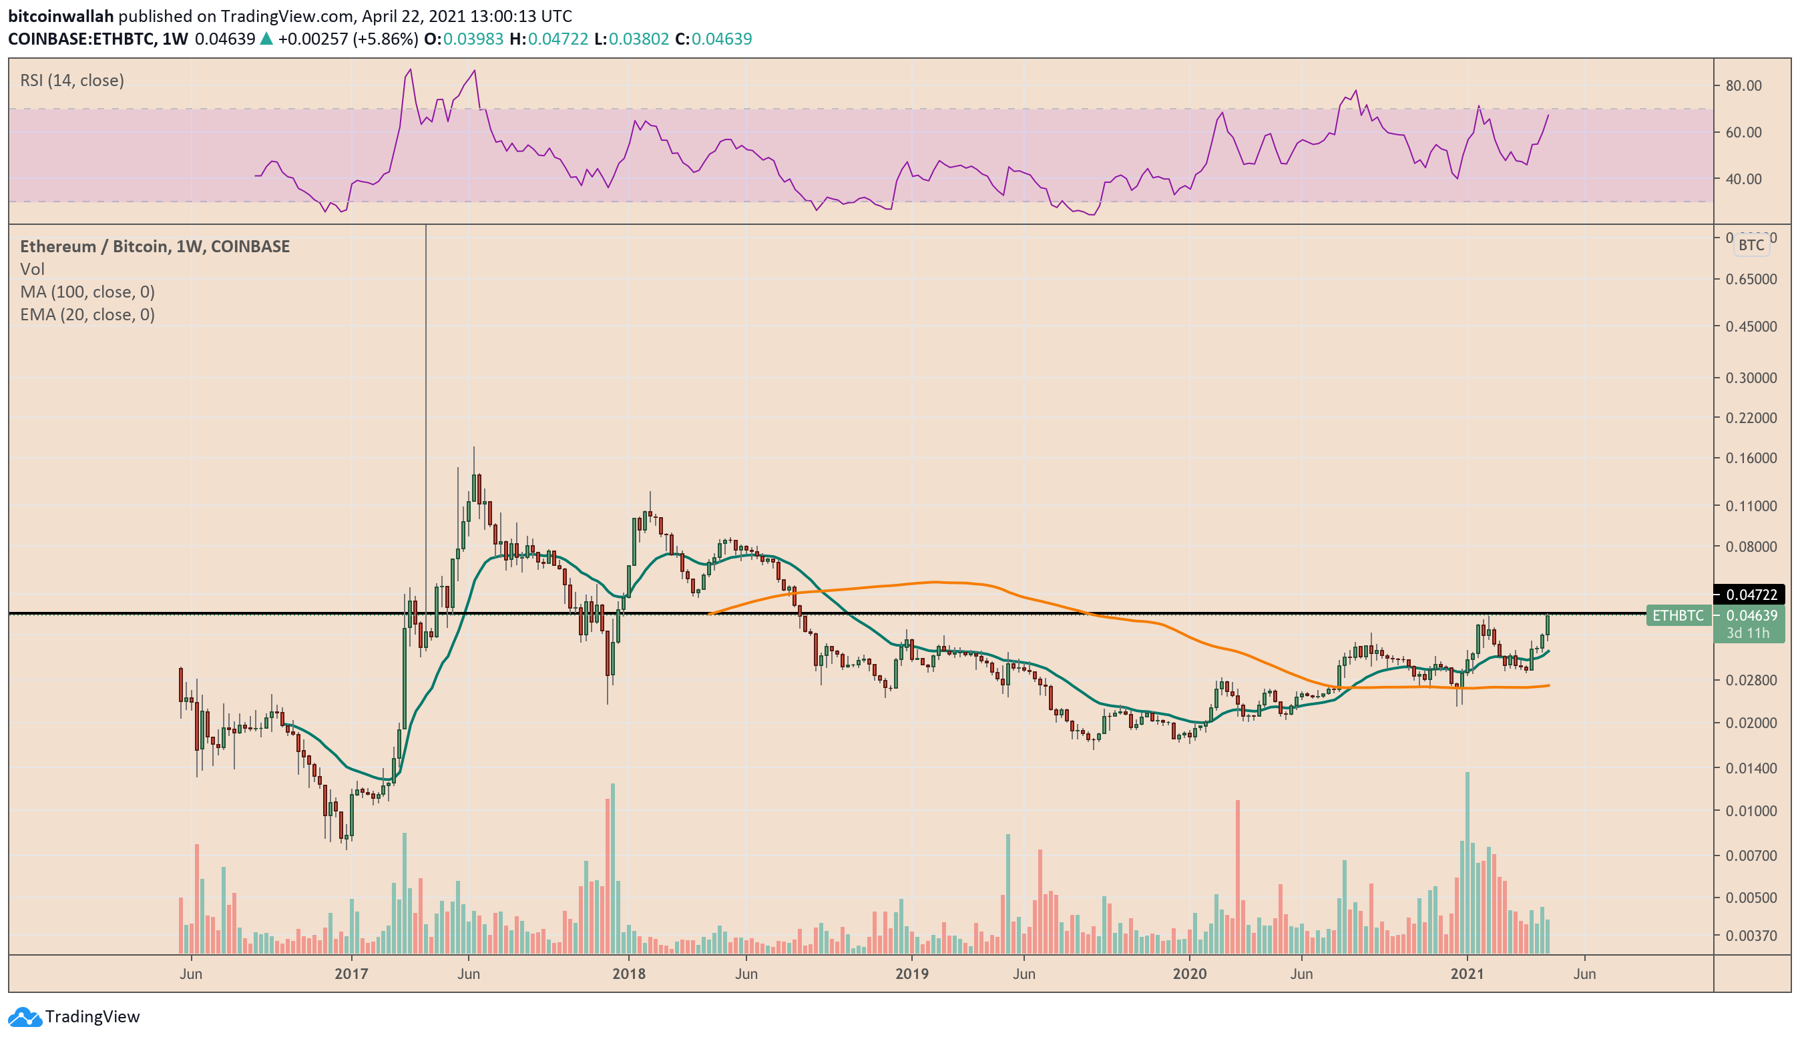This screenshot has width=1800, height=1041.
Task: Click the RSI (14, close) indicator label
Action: tap(72, 81)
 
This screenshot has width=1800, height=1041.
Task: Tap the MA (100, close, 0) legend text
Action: tap(87, 292)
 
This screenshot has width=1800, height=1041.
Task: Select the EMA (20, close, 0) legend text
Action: tap(87, 315)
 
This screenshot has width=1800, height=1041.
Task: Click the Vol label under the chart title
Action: tap(32, 269)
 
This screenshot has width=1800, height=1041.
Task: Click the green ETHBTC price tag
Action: tap(1678, 615)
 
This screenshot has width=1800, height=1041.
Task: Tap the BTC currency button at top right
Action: tap(1751, 246)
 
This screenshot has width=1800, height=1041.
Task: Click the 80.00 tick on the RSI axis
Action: tap(1743, 85)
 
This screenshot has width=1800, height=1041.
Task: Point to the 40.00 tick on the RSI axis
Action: tap(1743, 180)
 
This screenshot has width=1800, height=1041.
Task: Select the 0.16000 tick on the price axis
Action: tap(1751, 458)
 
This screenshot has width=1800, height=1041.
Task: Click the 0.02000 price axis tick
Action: tap(1751, 723)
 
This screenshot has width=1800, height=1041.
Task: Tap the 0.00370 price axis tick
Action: tap(1751, 936)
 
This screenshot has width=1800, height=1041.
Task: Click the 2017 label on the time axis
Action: tap(351, 974)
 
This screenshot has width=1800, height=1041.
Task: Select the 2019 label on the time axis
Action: tap(912, 974)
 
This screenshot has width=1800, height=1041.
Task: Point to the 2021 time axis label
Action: tap(1467, 974)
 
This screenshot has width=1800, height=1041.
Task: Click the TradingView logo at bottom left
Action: tap(74, 1017)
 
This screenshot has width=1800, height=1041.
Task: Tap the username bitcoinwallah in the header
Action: tap(60, 16)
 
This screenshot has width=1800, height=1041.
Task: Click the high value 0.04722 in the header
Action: tap(558, 39)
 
